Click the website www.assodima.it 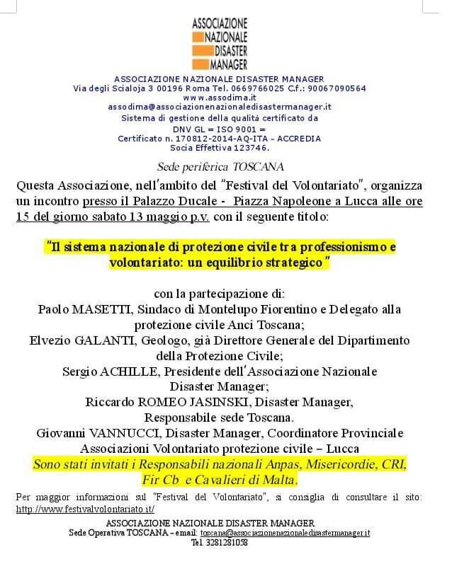tap(219, 98)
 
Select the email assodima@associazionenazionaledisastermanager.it tap(220, 107)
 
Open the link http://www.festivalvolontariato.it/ tap(85, 509)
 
